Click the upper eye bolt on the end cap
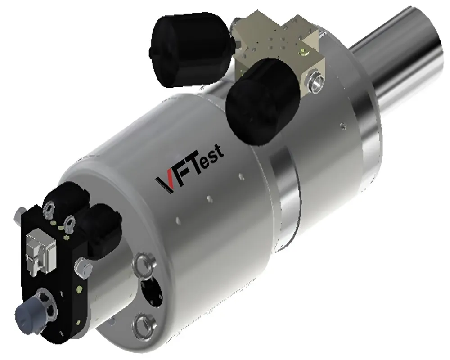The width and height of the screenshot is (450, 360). click(x=143, y=263)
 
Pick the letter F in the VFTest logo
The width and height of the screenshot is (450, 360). click(x=177, y=175)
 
